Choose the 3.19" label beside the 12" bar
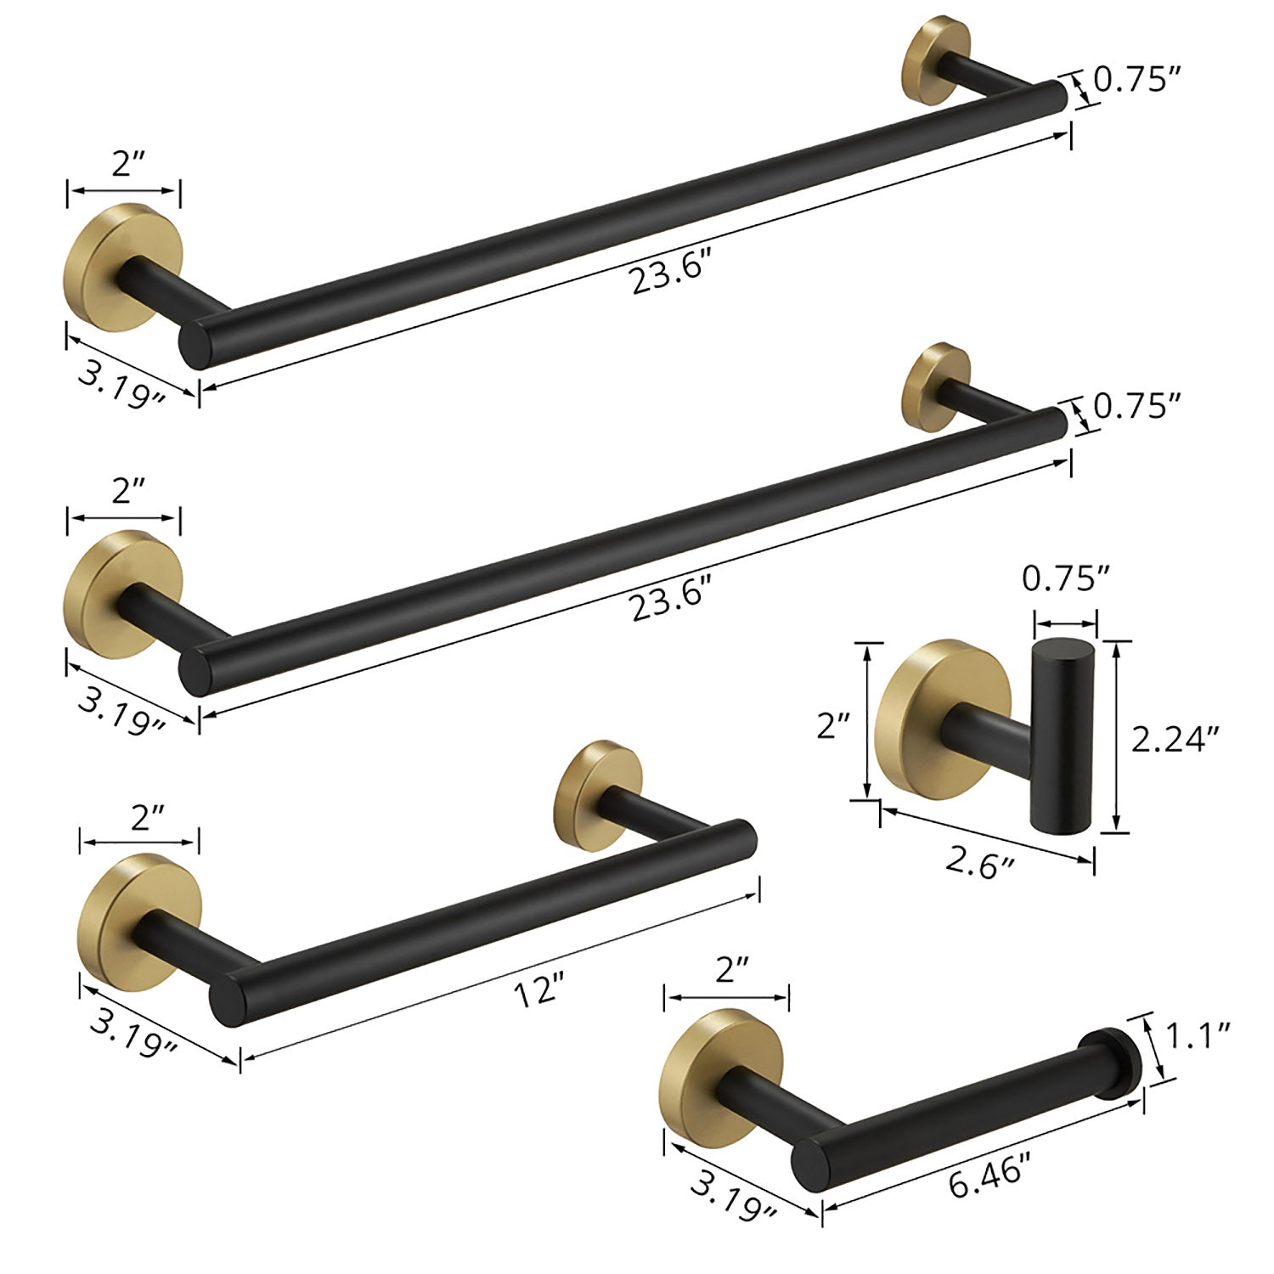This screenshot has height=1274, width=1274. pyautogui.click(x=133, y=1029)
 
